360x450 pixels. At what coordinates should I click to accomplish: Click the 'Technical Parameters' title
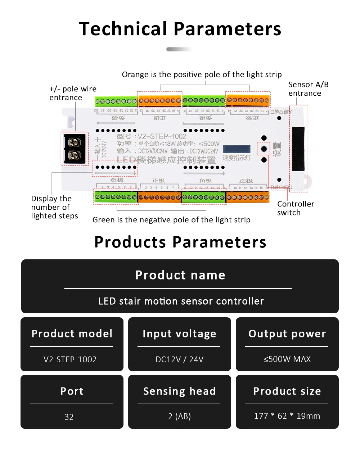180,29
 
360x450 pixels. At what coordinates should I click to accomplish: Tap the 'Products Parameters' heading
180,242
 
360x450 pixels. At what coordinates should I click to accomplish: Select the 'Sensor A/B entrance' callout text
308,89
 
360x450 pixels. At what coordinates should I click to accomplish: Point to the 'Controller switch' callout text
295,208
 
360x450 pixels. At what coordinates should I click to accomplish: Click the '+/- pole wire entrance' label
73,93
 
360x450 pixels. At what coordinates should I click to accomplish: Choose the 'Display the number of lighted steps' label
54,207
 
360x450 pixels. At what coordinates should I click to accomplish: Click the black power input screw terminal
75,148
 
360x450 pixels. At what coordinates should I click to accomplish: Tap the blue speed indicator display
237,149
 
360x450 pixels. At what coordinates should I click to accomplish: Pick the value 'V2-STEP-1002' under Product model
70,359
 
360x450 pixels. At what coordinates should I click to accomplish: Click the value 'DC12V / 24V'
179,359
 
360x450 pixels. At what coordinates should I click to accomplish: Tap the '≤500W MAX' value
287,359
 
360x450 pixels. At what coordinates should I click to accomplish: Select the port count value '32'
69,417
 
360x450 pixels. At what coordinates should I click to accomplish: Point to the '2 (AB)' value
179,416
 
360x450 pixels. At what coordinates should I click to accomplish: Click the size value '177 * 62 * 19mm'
287,416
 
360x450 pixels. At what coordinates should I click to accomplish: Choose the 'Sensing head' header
179,391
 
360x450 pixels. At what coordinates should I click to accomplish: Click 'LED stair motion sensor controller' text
181,301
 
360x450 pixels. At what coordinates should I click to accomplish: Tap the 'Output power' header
287,333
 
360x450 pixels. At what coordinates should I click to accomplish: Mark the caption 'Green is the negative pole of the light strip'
171,220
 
